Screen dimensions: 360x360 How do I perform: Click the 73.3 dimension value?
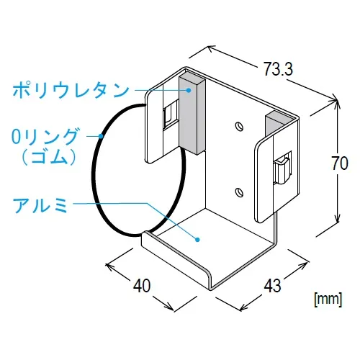(278, 69)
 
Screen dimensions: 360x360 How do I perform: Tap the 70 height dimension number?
(340, 163)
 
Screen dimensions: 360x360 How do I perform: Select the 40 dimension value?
(142, 286)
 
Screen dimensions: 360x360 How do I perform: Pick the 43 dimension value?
(272, 286)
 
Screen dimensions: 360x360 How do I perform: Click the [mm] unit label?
(328, 300)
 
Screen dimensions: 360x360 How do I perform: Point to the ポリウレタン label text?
(71, 90)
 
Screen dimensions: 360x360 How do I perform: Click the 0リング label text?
(45, 136)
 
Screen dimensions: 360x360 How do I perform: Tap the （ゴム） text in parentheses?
(49, 157)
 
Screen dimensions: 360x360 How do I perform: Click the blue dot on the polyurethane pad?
(189, 90)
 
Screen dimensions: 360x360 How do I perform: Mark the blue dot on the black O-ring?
(101, 136)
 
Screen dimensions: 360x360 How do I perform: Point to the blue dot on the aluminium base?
(197, 239)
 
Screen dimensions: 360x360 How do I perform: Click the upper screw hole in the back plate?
(239, 126)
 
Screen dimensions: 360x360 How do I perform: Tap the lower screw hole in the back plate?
(239, 192)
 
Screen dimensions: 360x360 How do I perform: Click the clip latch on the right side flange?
(282, 170)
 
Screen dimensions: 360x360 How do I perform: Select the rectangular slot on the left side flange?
(171, 115)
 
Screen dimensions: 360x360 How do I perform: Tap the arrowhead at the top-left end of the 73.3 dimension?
(211, 49)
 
